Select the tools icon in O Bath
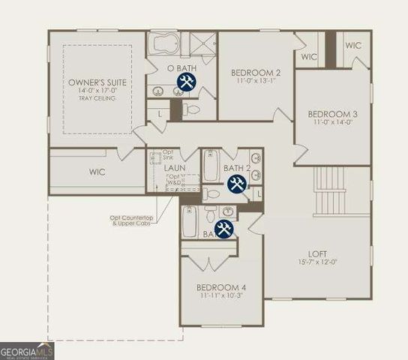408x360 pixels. pyautogui.click(x=186, y=82)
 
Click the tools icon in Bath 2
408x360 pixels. pyautogui.click(x=237, y=184)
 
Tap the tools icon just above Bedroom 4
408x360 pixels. pyautogui.click(x=224, y=229)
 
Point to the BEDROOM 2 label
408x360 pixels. pyautogui.click(x=256, y=73)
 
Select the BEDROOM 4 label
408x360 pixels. pyautogui.click(x=221, y=287)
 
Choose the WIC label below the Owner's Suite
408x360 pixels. pyautogui.click(x=97, y=172)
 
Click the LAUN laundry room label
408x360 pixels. pyautogui.click(x=175, y=168)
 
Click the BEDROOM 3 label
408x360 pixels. pyautogui.click(x=331, y=115)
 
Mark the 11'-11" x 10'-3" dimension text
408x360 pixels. pyautogui.click(x=221, y=296)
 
